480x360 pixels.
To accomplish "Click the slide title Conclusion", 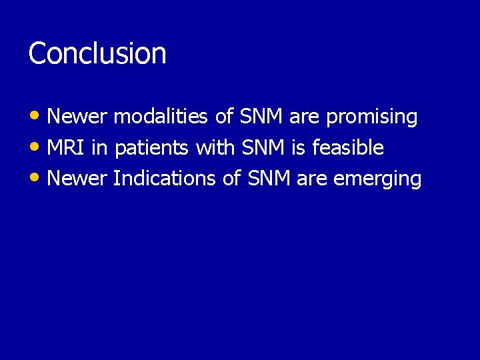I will click(x=97, y=53).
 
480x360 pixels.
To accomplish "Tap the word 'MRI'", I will click(x=67, y=148).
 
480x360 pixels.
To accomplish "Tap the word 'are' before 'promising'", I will click(x=305, y=117).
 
